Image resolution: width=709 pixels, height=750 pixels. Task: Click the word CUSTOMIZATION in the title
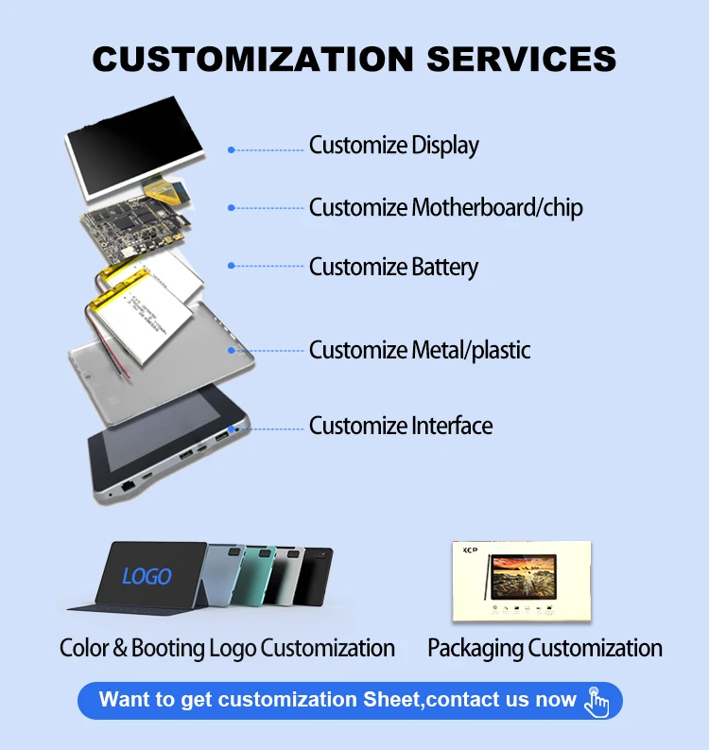pyautogui.click(x=252, y=59)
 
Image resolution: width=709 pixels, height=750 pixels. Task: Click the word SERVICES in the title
pyautogui.click(x=522, y=59)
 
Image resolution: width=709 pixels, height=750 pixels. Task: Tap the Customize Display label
pyautogui.click(x=393, y=146)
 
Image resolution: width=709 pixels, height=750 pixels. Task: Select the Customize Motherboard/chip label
pyautogui.click(x=445, y=207)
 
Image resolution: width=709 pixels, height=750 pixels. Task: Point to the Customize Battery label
pyautogui.click(x=393, y=267)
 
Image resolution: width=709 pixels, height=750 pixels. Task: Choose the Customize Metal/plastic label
pyautogui.click(x=420, y=350)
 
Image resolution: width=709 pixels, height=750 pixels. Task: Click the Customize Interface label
pyautogui.click(x=401, y=426)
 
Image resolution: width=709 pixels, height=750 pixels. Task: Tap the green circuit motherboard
pyautogui.click(x=132, y=227)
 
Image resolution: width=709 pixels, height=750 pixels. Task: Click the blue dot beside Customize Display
pyautogui.click(x=231, y=149)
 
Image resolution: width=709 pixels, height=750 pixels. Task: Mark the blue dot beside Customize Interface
pyautogui.click(x=231, y=428)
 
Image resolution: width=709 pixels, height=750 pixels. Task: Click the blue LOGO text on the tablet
pyautogui.click(x=147, y=575)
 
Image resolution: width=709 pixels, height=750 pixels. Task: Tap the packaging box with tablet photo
pyautogui.click(x=521, y=582)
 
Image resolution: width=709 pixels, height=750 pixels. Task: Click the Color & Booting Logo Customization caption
pyautogui.click(x=227, y=648)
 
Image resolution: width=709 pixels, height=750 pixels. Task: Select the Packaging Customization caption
pyautogui.click(x=545, y=648)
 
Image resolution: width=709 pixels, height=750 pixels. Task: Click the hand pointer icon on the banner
pyautogui.click(x=597, y=701)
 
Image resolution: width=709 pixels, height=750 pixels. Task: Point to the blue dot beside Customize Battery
pyautogui.click(x=231, y=267)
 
